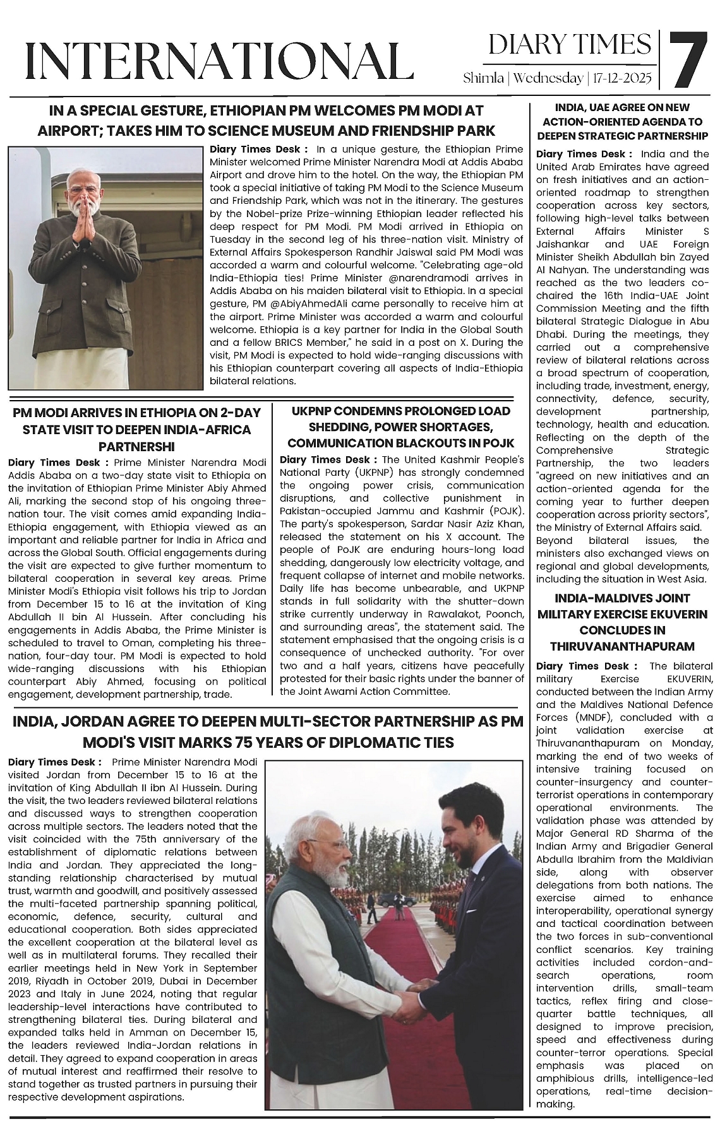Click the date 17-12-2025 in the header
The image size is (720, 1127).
click(x=626, y=79)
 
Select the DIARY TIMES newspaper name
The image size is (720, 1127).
click(x=570, y=44)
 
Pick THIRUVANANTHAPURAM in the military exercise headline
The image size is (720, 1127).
click(x=622, y=646)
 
